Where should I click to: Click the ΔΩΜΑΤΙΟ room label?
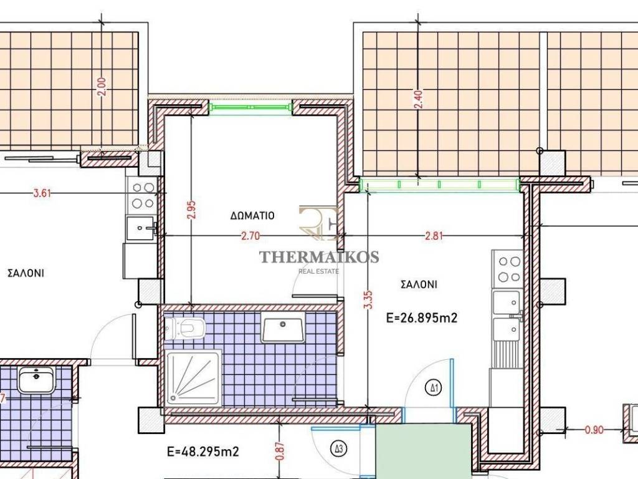click(x=252, y=215)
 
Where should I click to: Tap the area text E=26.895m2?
click(x=422, y=317)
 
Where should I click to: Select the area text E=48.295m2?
click(x=203, y=452)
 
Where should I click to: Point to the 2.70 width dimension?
click(x=250, y=236)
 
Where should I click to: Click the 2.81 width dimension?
click(x=434, y=236)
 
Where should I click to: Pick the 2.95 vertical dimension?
click(x=192, y=209)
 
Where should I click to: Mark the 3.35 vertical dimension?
click(x=368, y=299)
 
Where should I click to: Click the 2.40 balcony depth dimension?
click(x=418, y=99)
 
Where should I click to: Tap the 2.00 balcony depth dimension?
click(x=102, y=87)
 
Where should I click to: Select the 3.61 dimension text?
click(x=42, y=193)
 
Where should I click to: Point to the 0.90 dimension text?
click(x=594, y=429)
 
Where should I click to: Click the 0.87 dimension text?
click(x=280, y=452)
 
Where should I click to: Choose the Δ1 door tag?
click(x=434, y=387)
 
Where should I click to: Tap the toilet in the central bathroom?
click(x=184, y=327)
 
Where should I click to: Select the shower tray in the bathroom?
click(x=194, y=377)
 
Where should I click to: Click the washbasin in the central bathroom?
click(x=283, y=327)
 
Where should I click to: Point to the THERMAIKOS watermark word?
click(x=319, y=256)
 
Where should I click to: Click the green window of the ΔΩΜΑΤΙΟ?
click(x=251, y=108)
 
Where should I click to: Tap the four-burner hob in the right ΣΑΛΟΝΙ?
click(x=509, y=269)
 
